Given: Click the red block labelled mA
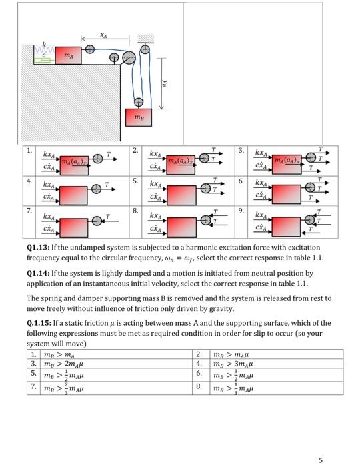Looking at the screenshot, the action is coord(68,55).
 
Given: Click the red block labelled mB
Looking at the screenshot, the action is coord(139,117).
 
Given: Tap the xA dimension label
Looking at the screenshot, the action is coord(103,35).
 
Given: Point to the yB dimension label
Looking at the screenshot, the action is coord(164,83).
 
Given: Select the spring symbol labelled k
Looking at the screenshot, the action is coord(44,49).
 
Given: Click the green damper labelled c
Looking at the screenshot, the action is coord(44,61).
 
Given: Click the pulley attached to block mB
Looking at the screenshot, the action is coord(139,102).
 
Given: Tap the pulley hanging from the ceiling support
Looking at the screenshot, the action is coord(145,49).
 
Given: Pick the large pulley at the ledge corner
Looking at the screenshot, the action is coord(129,57).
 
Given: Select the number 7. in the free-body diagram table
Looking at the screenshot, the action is coord(29,211).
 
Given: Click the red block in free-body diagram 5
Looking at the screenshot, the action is coord(181,195).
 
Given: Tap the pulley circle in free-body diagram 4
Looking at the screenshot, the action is coord(96,189).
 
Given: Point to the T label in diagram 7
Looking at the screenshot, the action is coord(108,217).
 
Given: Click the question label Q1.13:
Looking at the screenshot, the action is coord(38,248).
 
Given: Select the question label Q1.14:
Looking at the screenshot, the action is coord(38,273).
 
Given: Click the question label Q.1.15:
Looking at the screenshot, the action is coord(39,323).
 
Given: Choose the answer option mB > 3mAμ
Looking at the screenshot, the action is coord(233,364).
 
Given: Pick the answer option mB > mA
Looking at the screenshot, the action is coord(59,355).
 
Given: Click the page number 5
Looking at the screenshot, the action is coord(321,460).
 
